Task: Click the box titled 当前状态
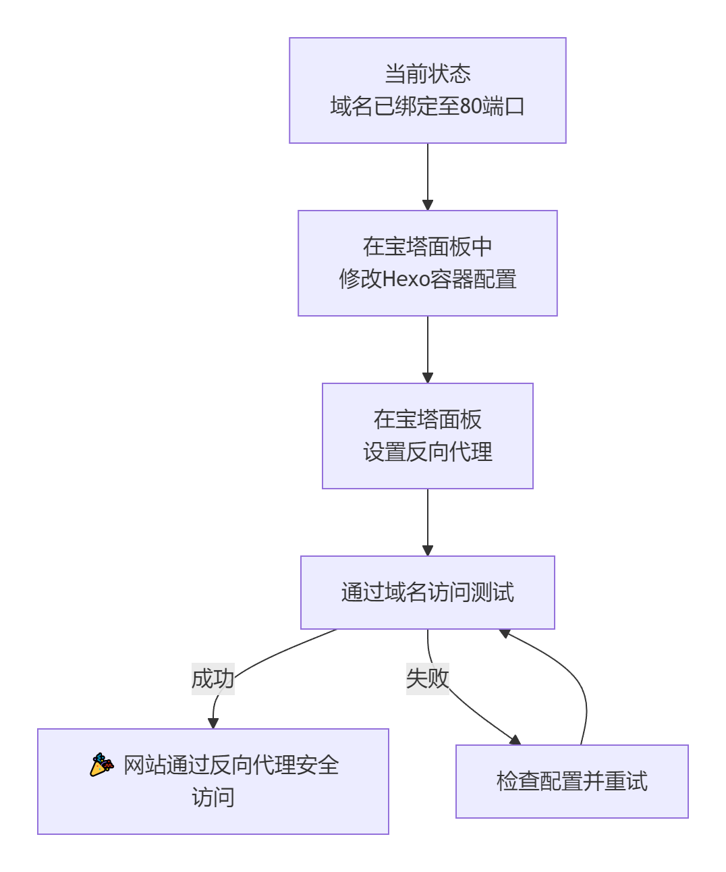pyautogui.click(x=427, y=90)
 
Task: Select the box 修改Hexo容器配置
pyautogui.click(x=427, y=263)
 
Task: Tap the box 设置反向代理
pyautogui.click(x=427, y=436)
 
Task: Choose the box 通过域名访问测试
pyautogui.click(x=427, y=593)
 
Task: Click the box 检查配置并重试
pyautogui.click(x=571, y=782)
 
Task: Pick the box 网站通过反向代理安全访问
pyautogui.click(x=213, y=782)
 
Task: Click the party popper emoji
pyautogui.click(x=102, y=765)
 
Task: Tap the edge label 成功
pyautogui.click(x=213, y=678)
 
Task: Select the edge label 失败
pyautogui.click(x=427, y=678)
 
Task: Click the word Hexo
pyautogui.click(x=406, y=279)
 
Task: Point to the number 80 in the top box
pyautogui.click(x=470, y=106)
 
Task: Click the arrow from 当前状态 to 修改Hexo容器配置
pyautogui.click(x=427, y=175)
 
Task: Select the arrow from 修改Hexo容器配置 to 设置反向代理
pyautogui.click(x=427, y=348)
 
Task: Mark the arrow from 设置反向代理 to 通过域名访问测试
pyautogui.click(x=427, y=521)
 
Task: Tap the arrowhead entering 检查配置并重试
pyautogui.click(x=515, y=740)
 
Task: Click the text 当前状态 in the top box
pyautogui.click(x=427, y=74)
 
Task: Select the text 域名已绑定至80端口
pyautogui.click(x=427, y=106)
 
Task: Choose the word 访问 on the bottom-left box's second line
pyautogui.click(x=213, y=798)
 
